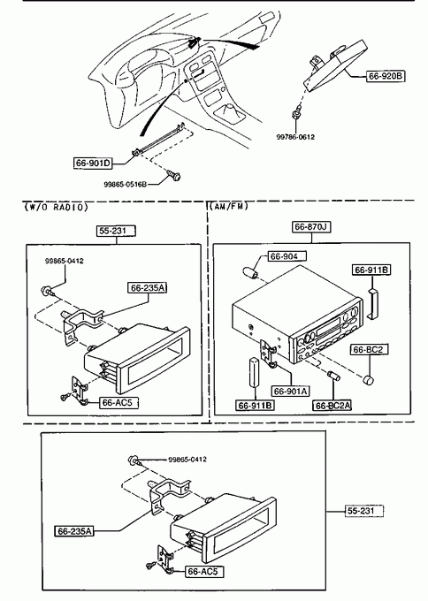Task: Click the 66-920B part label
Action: point(385,76)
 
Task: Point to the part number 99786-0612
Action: point(295,137)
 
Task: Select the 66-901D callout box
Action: point(93,164)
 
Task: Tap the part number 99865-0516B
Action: point(125,185)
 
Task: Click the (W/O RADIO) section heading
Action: point(56,208)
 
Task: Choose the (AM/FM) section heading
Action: point(228,206)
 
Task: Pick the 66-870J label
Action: point(311,227)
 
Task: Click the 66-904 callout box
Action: point(283,256)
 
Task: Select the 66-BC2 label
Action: point(369,350)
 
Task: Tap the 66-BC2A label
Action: point(332,405)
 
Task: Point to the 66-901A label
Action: point(291,392)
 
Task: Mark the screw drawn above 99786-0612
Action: point(296,114)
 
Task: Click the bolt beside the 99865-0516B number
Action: point(173,175)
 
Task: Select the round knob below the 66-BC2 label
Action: point(368,380)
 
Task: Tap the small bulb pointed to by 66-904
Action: point(249,273)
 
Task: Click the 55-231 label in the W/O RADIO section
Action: point(116,231)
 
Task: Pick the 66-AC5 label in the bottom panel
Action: point(203,572)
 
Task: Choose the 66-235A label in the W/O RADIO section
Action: point(148,287)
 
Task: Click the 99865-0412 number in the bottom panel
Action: point(187,460)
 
